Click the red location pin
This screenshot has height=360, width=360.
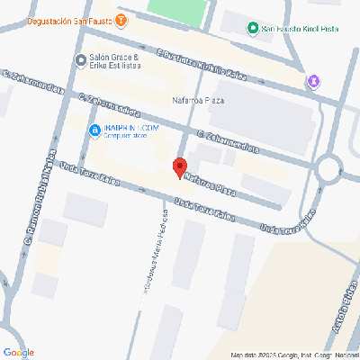(x=179, y=167)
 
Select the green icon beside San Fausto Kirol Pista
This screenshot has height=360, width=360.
(x=253, y=29)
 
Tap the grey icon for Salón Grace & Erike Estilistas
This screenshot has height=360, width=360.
(x=80, y=60)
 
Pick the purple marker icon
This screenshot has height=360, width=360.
(x=313, y=82)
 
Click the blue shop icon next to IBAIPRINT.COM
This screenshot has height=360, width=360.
(x=94, y=130)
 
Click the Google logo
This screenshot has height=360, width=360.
(x=19, y=351)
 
